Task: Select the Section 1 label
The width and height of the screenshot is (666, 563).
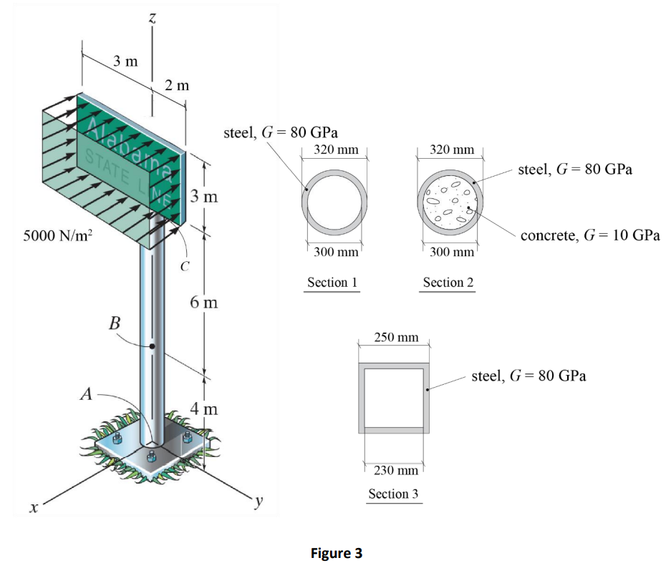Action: tap(332, 283)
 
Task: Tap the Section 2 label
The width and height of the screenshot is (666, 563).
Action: tap(448, 283)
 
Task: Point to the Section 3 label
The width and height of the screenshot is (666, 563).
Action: tap(393, 494)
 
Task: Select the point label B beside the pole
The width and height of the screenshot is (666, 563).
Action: tap(114, 323)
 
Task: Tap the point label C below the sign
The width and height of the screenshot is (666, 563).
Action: tap(185, 268)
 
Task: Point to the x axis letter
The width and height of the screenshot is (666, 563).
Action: tap(31, 508)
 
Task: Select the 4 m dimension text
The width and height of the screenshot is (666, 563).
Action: tap(204, 410)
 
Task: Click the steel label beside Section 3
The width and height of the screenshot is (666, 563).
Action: tap(529, 376)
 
